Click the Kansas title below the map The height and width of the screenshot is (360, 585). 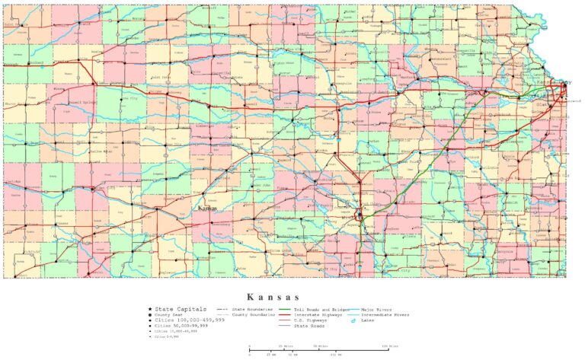pyautogui.click(x=273, y=296)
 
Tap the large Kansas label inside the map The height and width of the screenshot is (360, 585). pyautogui.click(x=207, y=209)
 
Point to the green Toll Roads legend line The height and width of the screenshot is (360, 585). pyautogui.click(x=286, y=309)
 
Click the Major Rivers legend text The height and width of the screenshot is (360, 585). pyautogui.click(x=378, y=309)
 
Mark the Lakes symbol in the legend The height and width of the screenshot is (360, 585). pyautogui.click(x=354, y=320)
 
